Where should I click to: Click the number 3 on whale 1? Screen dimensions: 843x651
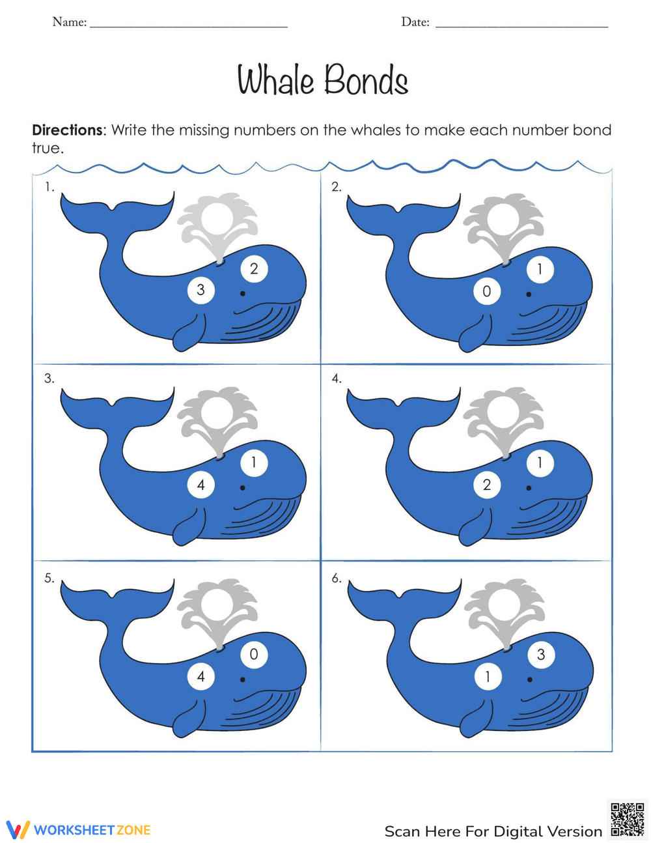(201, 290)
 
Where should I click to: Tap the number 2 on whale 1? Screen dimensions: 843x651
(254, 268)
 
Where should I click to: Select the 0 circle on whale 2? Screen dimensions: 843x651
(486, 291)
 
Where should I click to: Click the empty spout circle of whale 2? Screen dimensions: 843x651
(505, 217)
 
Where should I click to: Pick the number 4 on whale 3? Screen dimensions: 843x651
(201, 485)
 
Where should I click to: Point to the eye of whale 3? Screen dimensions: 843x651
(243, 487)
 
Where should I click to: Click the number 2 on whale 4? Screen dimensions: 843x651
(486, 485)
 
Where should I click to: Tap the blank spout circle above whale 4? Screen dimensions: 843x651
(505, 411)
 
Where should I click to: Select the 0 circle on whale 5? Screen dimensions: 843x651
(254, 654)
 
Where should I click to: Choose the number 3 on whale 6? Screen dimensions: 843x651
(540, 655)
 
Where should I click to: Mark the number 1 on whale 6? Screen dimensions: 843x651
(487, 677)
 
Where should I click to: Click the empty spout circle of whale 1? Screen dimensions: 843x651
(219, 217)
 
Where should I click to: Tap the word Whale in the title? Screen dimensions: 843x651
(275, 81)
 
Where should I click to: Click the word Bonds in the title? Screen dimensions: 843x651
(366, 81)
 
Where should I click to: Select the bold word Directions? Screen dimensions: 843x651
(67, 130)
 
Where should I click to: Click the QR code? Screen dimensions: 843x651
(628, 819)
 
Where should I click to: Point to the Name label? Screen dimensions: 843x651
(69, 22)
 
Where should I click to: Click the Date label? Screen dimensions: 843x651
(415, 22)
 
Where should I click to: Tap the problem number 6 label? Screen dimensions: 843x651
(337, 578)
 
